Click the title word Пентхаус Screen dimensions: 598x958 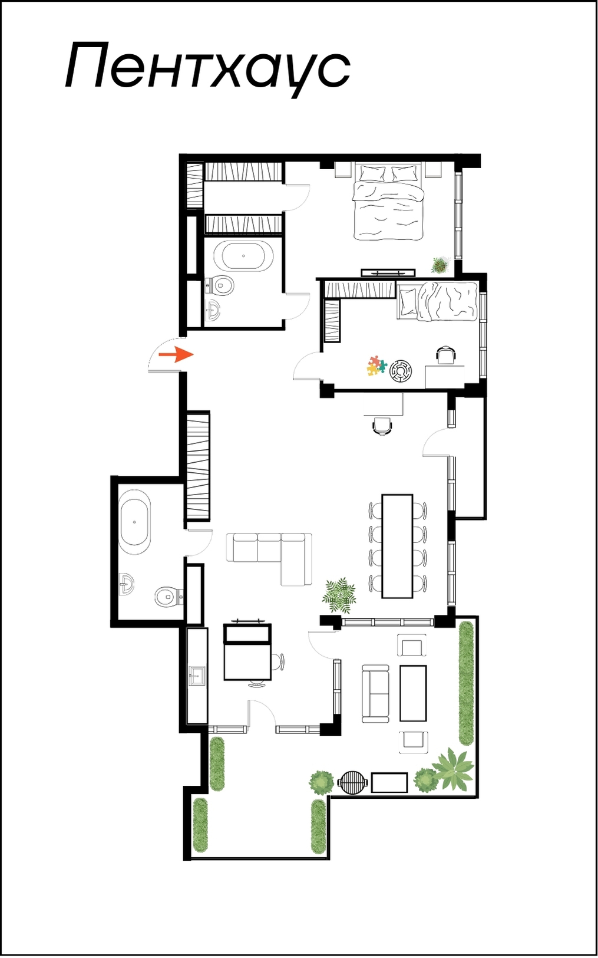point(208,68)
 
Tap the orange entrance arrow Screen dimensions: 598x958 point(176,354)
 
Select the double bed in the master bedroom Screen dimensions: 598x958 point(388,200)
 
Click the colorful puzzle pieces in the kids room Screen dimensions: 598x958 point(376,366)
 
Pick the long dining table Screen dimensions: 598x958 point(398,546)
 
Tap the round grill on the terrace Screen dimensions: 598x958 point(353,782)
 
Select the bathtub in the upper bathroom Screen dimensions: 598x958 point(243,256)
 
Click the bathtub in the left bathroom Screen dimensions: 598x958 point(135,523)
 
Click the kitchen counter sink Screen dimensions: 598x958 point(197,676)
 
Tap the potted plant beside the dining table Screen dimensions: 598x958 point(341,594)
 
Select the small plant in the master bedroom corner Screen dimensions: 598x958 point(440,265)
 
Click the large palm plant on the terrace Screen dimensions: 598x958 point(453,769)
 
